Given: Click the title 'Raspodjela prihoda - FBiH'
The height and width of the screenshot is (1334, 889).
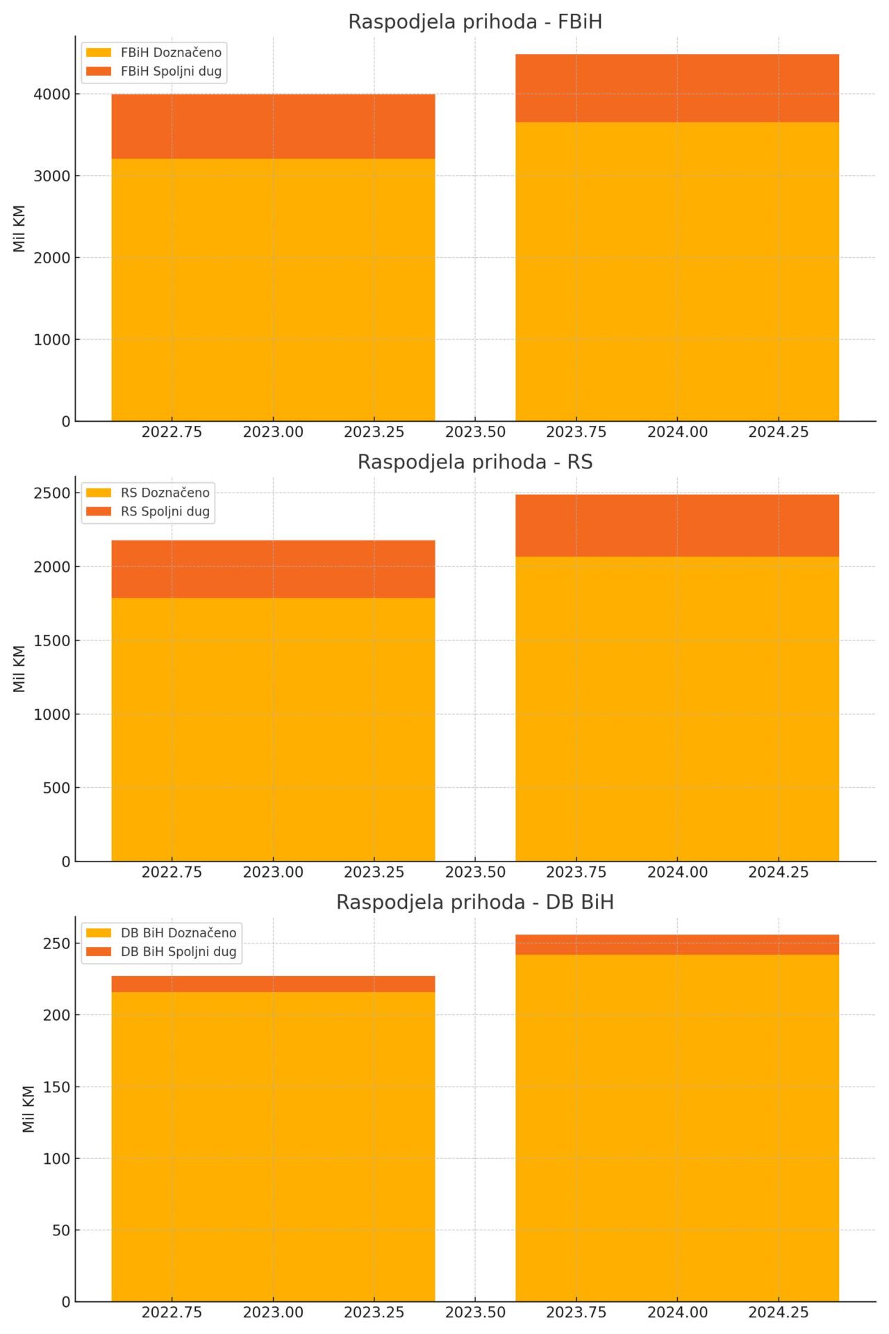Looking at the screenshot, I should (x=474, y=22).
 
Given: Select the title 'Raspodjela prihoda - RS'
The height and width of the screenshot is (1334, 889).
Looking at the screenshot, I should (x=474, y=462).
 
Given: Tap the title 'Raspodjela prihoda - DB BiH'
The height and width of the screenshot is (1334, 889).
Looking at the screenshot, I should (x=474, y=903).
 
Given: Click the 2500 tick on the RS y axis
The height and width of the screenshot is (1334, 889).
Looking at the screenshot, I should (x=51, y=493).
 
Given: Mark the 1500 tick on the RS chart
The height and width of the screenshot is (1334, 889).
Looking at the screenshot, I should (x=51, y=641).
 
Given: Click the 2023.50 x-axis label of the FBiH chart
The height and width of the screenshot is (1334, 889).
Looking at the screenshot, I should (x=475, y=432).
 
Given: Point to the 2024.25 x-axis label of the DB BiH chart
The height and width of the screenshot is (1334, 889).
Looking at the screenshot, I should (x=779, y=1312).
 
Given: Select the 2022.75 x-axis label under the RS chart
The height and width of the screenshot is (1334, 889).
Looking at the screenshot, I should (x=172, y=872).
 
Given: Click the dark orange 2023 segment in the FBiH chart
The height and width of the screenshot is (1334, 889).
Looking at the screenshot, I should (x=273, y=126).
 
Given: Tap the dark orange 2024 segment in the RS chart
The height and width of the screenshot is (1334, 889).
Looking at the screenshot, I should (x=677, y=525).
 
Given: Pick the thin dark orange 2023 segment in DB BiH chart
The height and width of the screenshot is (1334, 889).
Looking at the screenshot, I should (x=273, y=984).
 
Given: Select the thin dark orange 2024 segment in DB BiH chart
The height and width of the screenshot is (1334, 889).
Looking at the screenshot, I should (x=677, y=945).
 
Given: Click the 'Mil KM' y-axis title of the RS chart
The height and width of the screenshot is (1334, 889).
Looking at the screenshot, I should (x=19, y=668).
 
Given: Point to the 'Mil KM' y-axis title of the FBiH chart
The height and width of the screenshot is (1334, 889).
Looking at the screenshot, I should (x=19, y=229).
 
